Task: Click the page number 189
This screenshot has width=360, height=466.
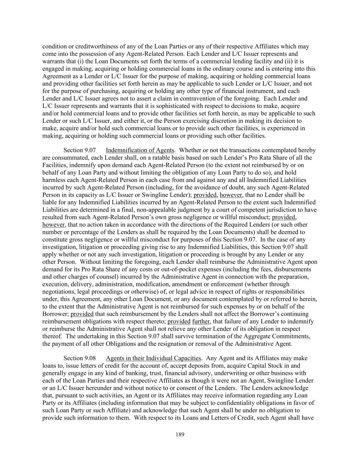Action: point(180,435)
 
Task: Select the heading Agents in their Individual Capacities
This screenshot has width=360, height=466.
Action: point(153,358)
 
